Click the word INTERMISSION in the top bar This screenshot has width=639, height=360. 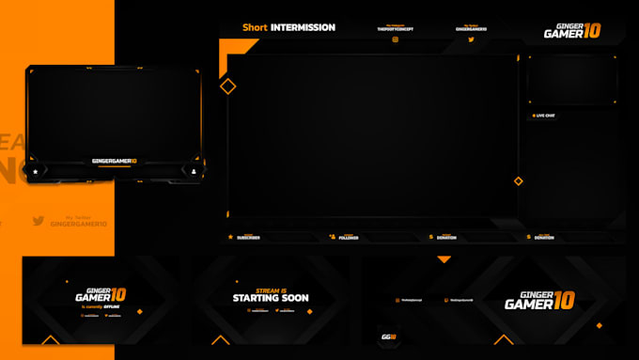pyautogui.click(x=303, y=27)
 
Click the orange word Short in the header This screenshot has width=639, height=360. pyautogui.click(x=255, y=27)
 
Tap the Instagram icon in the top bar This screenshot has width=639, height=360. pyautogui.click(x=395, y=39)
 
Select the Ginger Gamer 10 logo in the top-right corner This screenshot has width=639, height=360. pyautogui.click(x=571, y=31)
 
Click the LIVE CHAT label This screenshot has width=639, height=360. pyautogui.click(x=545, y=116)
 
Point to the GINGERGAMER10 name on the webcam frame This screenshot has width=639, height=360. pyautogui.click(x=114, y=161)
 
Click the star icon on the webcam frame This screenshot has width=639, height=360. pyautogui.click(x=36, y=172)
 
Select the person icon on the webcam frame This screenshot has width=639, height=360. pyautogui.click(x=194, y=172)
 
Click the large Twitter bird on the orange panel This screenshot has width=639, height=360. pyautogui.click(x=39, y=221)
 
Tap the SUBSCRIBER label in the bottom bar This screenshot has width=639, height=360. pyautogui.click(x=249, y=238)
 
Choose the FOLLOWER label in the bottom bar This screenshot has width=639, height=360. pyautogui.click(x=348, y=238)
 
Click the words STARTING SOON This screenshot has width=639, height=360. pyautogui.click(x=271, y=298)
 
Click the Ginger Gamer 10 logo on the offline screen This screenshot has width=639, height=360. pyautogui.click(x=101, y=294)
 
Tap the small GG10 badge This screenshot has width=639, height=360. pyautogui.click(x=387, y=336)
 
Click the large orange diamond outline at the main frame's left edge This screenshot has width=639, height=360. pyautogui.click(x=228, y=86)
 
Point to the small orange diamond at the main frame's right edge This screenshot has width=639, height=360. pyautogui.click(x=517, y=180)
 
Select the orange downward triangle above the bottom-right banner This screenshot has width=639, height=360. pyautogui.click(x=444, y=259)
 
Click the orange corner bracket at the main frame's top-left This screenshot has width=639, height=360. pyautogui.click(x=226, y=47)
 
